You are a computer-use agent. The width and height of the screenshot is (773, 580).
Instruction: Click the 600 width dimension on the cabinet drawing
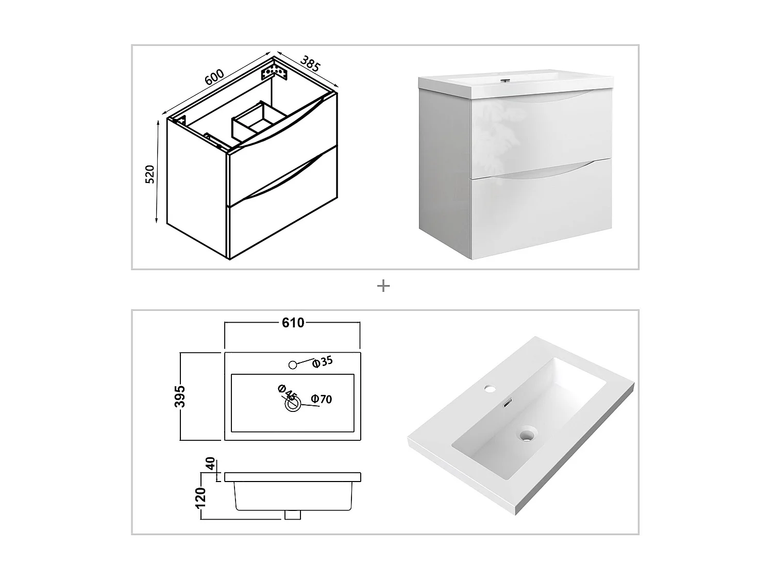[214, 77]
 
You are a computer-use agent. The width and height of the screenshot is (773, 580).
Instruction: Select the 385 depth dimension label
[310, 63]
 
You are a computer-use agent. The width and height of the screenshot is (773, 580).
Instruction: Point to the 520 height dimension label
[150, 174]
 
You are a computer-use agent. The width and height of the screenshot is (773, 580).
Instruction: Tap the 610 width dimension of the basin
[293, 323]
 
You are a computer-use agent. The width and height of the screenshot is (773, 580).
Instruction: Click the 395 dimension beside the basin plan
[180, 396]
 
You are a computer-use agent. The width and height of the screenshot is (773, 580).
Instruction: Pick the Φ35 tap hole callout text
[323, 362]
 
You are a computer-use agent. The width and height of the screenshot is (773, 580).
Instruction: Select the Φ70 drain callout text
[322, 399]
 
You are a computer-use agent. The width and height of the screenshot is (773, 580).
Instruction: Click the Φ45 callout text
[287, 393]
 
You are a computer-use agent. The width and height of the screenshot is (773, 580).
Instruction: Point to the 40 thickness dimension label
[210, 463]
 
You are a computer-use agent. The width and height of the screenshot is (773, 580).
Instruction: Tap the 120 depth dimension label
[201, 498]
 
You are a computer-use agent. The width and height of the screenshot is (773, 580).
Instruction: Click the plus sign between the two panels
[383, 286]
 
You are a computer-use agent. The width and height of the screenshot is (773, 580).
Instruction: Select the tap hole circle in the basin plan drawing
[293, 365]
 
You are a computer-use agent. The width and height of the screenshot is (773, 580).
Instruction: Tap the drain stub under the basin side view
[293, 515]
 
